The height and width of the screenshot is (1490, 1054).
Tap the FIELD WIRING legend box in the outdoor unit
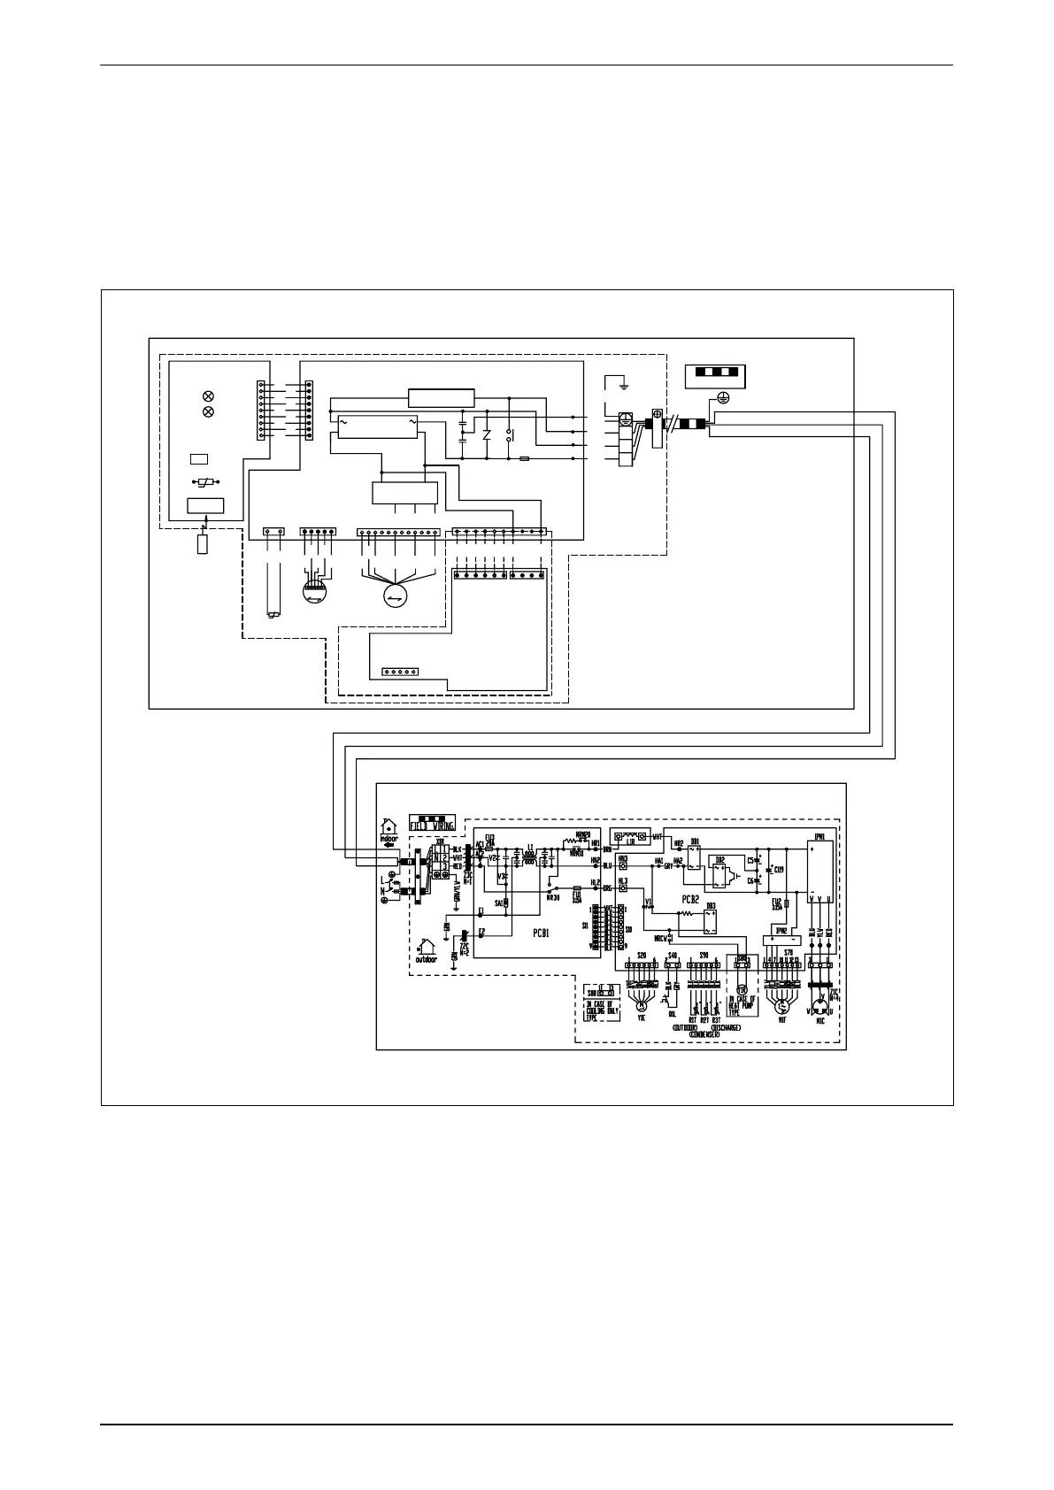click(432, 824)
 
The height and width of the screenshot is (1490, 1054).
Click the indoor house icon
click(389, 829)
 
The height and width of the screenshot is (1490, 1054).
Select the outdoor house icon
click(427, 950)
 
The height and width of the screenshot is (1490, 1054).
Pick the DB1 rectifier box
click(694, 856)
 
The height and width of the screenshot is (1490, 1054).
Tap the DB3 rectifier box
click(710, 921)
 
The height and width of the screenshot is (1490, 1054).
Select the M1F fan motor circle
click(780, 1005)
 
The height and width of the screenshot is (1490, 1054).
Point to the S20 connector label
click(641, 956)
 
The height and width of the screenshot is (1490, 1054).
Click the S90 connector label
click(704, 956)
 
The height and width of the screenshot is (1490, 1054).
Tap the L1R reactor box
click(631, 835)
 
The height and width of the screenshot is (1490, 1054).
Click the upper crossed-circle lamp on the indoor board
click(208, 395)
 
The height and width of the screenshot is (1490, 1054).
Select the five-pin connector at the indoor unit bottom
click(399, 672)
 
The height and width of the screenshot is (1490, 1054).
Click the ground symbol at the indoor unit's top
click(625, 384)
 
